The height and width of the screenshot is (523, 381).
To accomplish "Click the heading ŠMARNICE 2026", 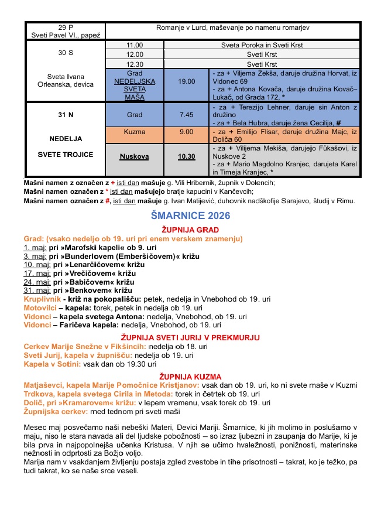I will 191,216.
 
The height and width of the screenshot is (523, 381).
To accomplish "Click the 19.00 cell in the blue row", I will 187,81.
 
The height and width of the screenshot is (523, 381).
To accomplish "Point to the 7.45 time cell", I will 187,115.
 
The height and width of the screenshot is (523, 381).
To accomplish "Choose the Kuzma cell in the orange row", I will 135,132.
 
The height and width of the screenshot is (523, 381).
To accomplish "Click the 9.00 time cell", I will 187,132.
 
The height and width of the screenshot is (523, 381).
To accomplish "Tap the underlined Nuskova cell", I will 135,157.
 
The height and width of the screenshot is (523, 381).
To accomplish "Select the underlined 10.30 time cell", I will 187,157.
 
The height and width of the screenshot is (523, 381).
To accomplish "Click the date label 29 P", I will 66,28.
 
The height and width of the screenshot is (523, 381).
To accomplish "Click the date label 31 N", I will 66,115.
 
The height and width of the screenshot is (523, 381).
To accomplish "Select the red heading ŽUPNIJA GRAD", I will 191,230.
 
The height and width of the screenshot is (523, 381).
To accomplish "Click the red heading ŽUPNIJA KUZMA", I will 191,376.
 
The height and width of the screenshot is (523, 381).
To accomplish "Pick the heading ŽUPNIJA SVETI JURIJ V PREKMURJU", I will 191,337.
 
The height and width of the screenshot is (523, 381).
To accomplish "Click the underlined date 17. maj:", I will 36,274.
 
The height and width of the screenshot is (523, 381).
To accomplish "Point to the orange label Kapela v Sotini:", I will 52,364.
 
